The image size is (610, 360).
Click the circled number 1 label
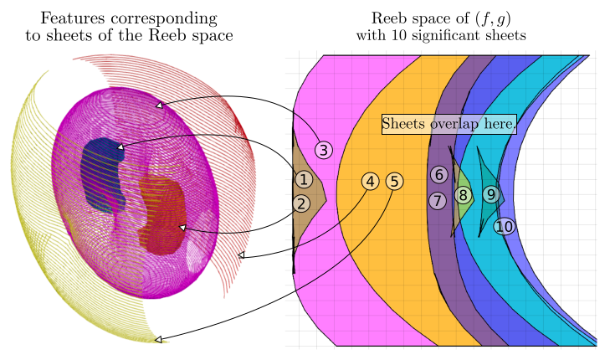(304, 179)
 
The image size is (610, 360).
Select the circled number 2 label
(301, 203)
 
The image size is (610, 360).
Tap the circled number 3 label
(324, 150)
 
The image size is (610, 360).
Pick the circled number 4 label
(371, 182)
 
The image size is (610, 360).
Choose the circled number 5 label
(394, 182)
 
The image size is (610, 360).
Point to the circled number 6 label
(439, 174)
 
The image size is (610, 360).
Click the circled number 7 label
(438, 201)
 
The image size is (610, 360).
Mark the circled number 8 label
(463, 195)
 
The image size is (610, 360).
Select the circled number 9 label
(491, 194)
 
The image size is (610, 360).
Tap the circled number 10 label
(505, 227)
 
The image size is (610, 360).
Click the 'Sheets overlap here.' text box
(449, 124)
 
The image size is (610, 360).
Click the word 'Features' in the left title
(73, 18)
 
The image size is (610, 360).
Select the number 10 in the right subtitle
(399, 35)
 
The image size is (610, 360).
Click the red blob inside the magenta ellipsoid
(162, 215)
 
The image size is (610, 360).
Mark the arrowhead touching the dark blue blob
(120, 147)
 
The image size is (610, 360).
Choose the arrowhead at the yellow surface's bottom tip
(158, 339)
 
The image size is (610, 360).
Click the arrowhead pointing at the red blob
(182, 227)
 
